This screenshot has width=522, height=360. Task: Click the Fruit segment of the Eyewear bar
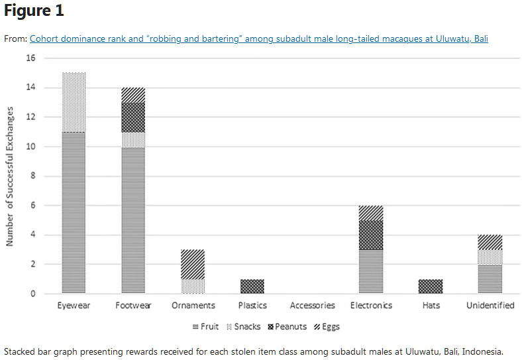73,212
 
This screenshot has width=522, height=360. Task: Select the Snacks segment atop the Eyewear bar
73,102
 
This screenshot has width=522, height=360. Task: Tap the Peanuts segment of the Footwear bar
133,117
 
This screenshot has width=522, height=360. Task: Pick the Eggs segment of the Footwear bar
133,95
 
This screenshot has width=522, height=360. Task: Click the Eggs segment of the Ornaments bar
193,264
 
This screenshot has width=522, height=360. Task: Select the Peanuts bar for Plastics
252,286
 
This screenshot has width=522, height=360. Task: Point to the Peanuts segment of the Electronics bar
371,235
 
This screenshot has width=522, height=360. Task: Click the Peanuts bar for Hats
431,286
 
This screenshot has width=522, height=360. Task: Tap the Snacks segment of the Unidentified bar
490,257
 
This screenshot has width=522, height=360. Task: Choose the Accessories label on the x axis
312,306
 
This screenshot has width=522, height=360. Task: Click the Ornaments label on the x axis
193,306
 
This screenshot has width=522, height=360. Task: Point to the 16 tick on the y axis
30,58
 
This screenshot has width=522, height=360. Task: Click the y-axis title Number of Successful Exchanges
11,176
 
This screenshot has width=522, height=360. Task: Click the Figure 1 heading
34,11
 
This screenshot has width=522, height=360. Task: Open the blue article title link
258,38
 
